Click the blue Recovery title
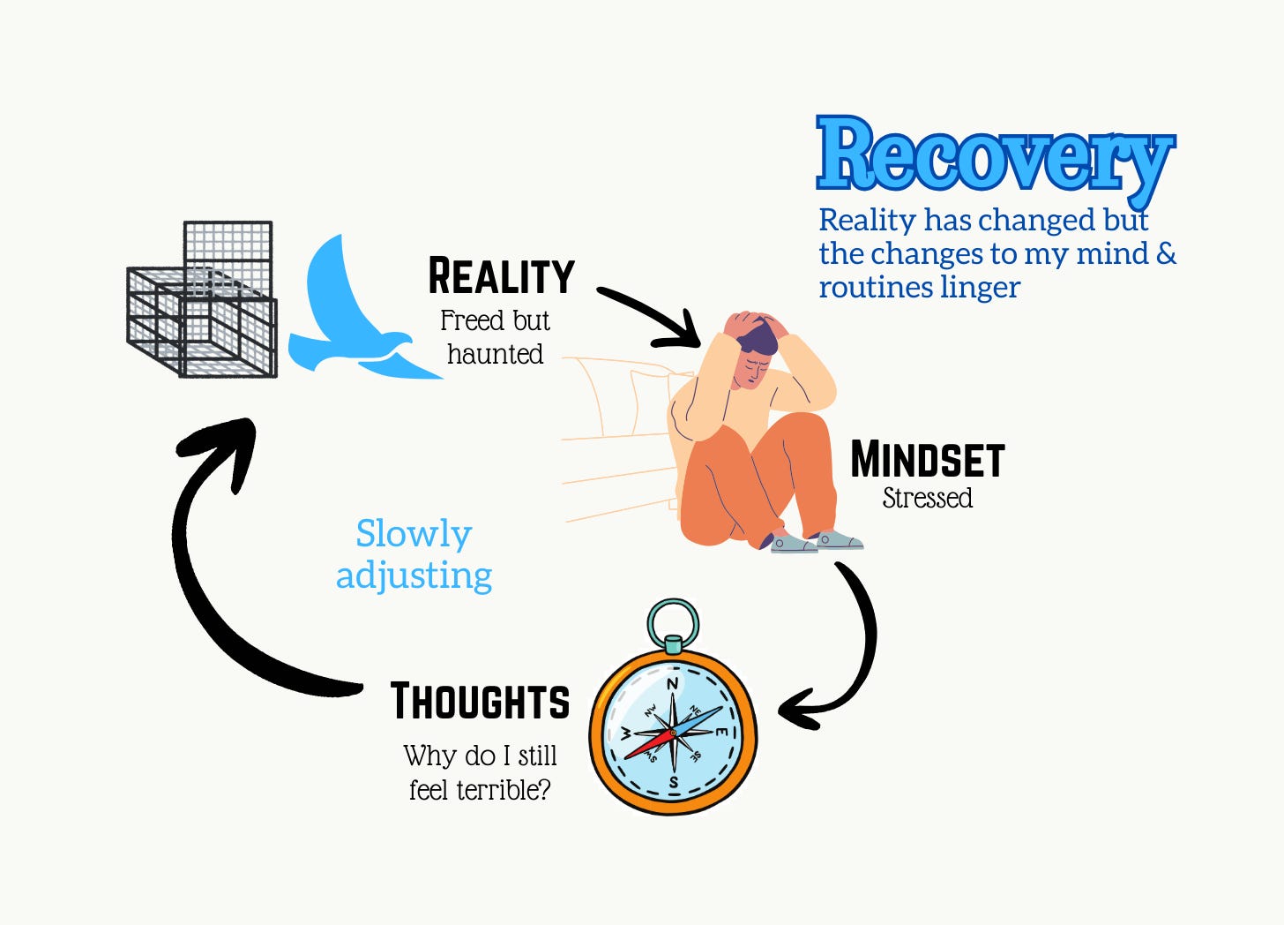click(995, 155)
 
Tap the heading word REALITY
click(501, 276)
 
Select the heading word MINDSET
click(927, 460)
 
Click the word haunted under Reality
click(495, 354)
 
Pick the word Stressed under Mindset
click(927, 498)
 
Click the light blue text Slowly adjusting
click(414, 554)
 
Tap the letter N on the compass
click(672, 684)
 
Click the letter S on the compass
click(674, 782)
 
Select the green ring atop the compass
click(673, 623)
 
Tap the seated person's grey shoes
click(816, 541)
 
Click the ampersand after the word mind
click(1166, 254)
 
